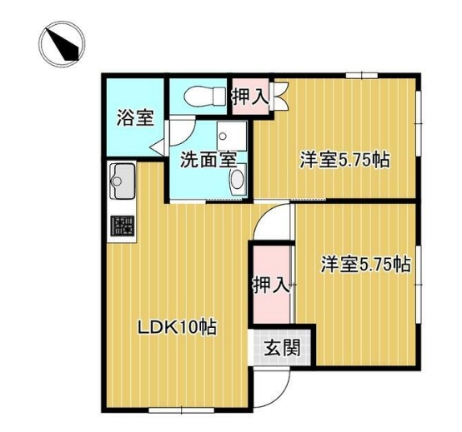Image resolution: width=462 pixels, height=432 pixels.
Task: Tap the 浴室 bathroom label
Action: click(x=135, y=117)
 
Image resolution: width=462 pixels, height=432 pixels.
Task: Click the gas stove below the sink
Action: click(x=123, y=226)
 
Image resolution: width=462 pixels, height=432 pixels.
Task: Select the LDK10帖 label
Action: click(x=177, y=327)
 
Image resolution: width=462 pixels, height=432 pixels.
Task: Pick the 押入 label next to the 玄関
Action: click(x=271, y=285)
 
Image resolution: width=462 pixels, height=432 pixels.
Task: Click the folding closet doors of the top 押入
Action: click(x=280, y=96)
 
